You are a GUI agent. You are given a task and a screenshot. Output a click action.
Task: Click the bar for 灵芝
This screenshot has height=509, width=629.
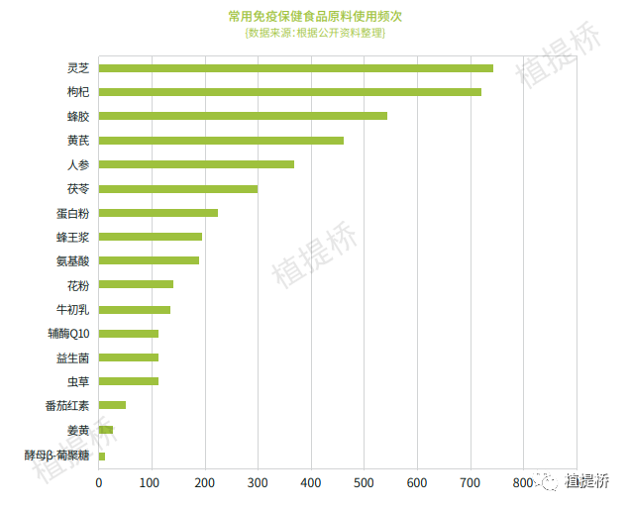coord(295,68)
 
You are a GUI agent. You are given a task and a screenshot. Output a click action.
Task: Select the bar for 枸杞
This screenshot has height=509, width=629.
coord(289,92)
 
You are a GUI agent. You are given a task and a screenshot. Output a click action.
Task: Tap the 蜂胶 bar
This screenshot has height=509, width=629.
coord(243,116)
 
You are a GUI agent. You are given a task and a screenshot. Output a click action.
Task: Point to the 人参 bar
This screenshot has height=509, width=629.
coord(196,164)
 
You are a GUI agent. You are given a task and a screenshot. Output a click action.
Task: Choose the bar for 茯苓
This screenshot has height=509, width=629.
coord(178,188)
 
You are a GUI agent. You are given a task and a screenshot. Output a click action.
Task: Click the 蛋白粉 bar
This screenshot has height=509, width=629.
coord(158,213)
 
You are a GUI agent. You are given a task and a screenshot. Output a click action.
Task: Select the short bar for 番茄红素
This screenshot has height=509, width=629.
coord(112,405)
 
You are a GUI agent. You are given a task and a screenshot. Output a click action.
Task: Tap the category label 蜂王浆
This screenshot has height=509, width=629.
coord(73,238)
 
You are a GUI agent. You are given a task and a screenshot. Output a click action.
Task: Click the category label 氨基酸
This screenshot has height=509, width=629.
coord(73,261)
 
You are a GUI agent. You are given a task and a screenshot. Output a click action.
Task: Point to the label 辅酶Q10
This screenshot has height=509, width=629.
coord(68,334)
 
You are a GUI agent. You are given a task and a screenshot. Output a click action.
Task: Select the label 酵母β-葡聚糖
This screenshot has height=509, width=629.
coord(56,456)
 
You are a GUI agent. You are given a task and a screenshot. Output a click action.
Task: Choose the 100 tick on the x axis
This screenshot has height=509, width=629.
coord(152,482)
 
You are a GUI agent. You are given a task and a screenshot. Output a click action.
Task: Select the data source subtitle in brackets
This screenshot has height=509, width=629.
coord(314,33)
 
